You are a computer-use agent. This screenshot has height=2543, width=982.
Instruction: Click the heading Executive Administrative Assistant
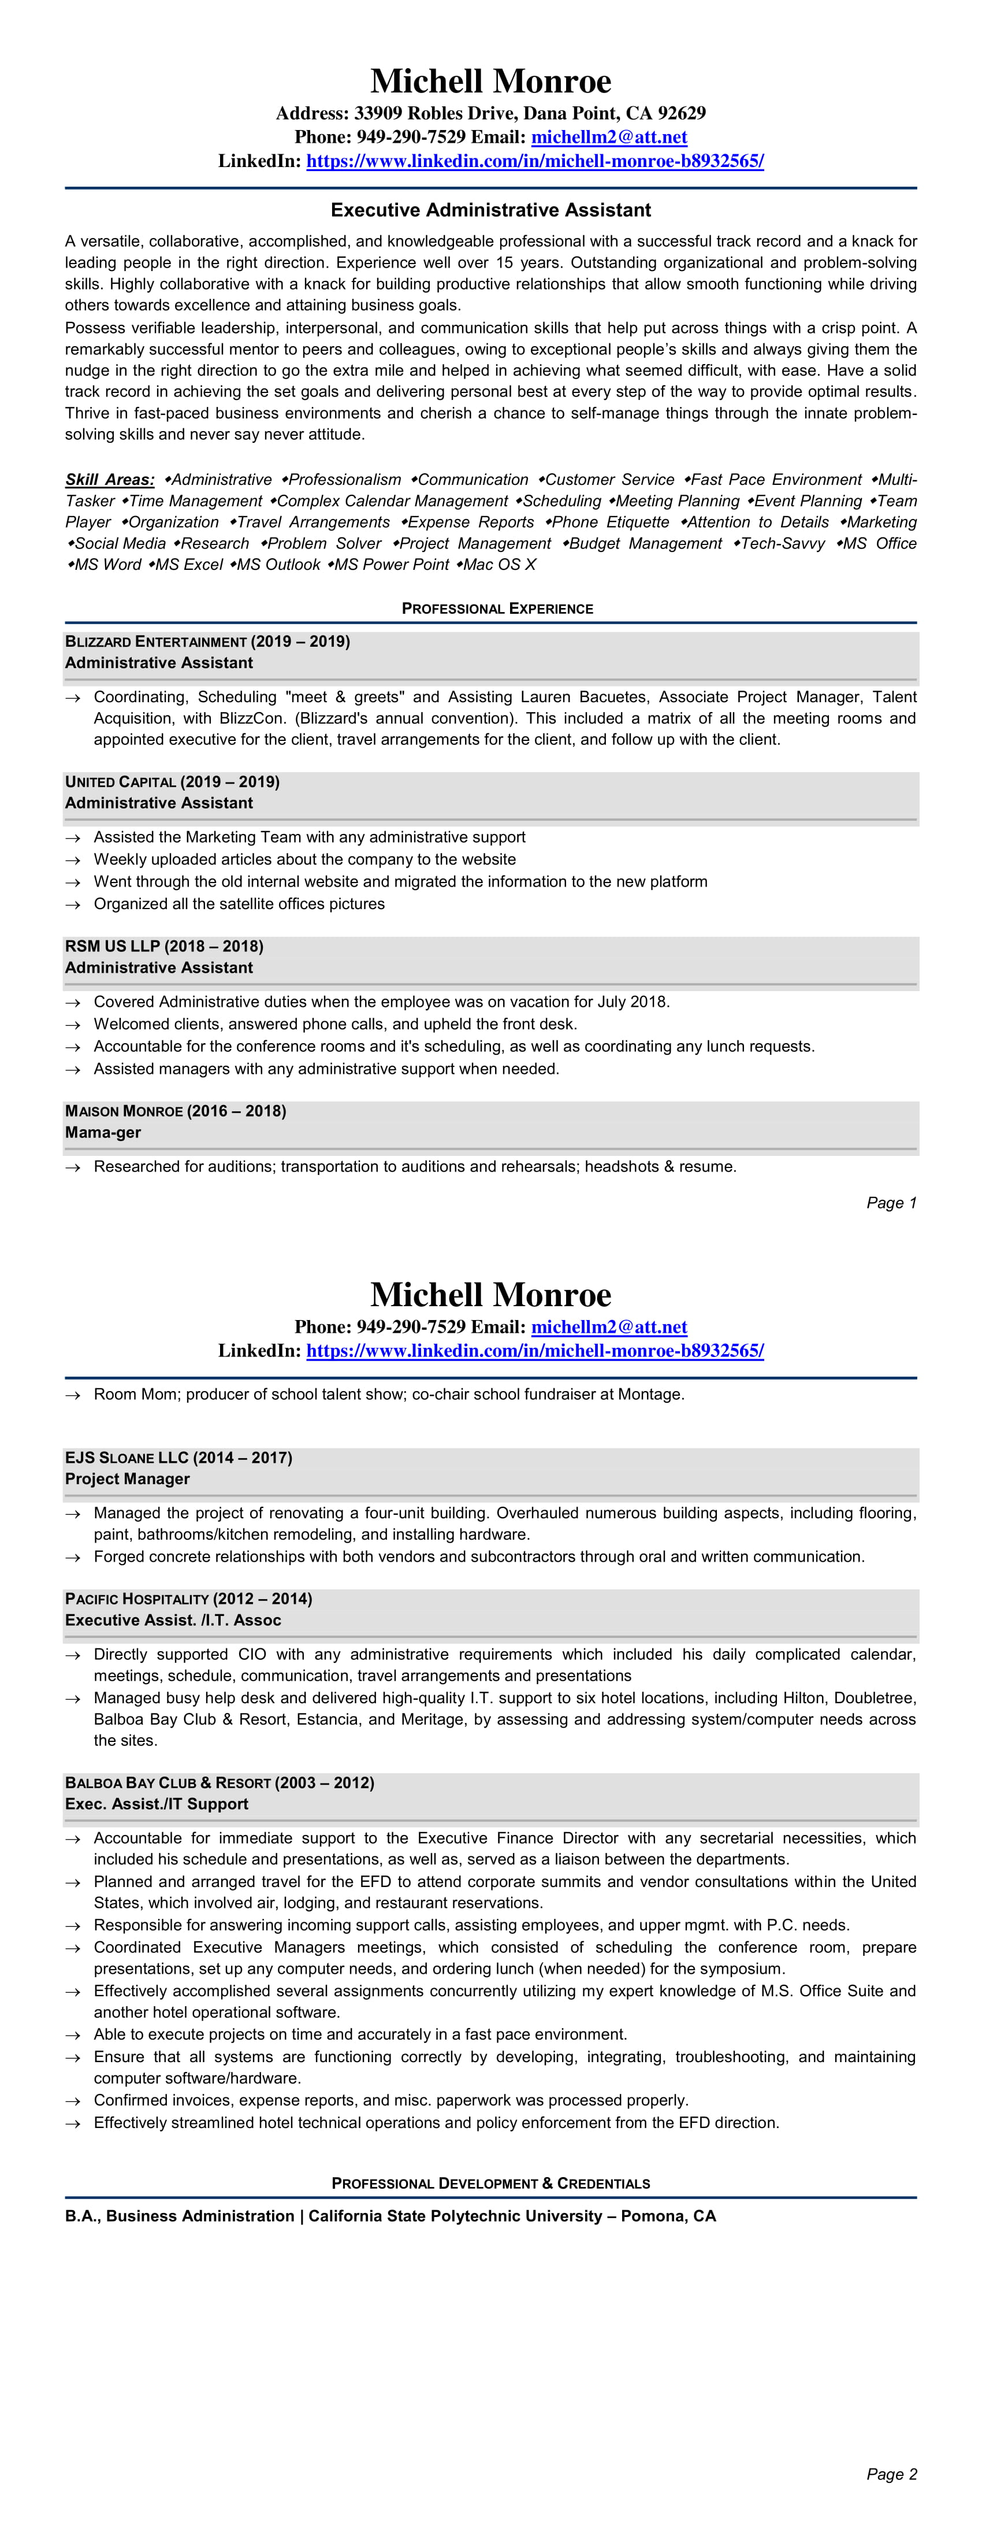490,210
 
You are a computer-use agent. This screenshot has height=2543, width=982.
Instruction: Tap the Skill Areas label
110,480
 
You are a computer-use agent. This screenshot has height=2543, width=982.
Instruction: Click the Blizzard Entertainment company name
156,642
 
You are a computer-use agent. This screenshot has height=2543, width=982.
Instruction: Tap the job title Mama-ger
103,1132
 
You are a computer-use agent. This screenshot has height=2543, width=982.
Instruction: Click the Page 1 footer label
891,1202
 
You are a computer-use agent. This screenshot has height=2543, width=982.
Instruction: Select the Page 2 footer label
891,2474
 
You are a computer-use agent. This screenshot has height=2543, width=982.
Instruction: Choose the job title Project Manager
127,1479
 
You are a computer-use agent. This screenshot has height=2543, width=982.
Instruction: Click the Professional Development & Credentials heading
490,2183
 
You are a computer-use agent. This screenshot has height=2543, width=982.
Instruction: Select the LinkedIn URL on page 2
535,1351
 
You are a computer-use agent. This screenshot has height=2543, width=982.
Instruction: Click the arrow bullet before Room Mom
72,1395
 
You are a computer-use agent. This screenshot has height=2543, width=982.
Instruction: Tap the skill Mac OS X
500,565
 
